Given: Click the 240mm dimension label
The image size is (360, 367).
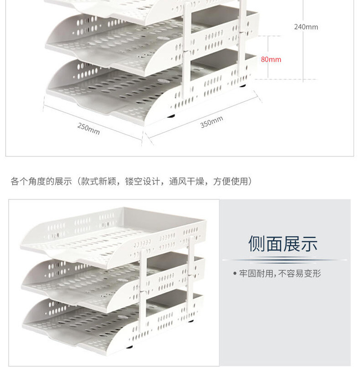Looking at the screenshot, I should point(306,27).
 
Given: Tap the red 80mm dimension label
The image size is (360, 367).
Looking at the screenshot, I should point(271,59).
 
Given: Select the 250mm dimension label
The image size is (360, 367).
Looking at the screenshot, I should point(89,129).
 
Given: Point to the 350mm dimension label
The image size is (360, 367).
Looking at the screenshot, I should point(212,122).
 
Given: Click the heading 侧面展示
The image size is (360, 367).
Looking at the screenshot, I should point(283,244).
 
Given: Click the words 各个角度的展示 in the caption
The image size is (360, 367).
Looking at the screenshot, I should point(41,182).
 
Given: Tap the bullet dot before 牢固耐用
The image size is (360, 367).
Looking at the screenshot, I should point(234,274).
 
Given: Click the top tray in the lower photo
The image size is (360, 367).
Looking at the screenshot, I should point(115,232).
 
